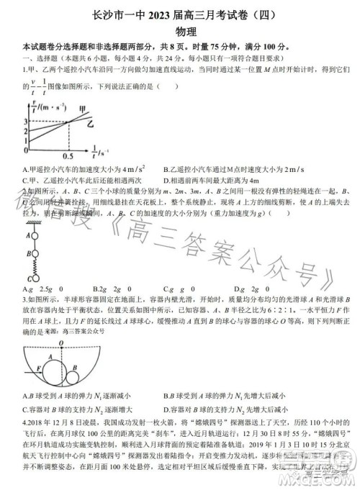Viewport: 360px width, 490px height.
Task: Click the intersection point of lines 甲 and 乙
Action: point(67,122)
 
